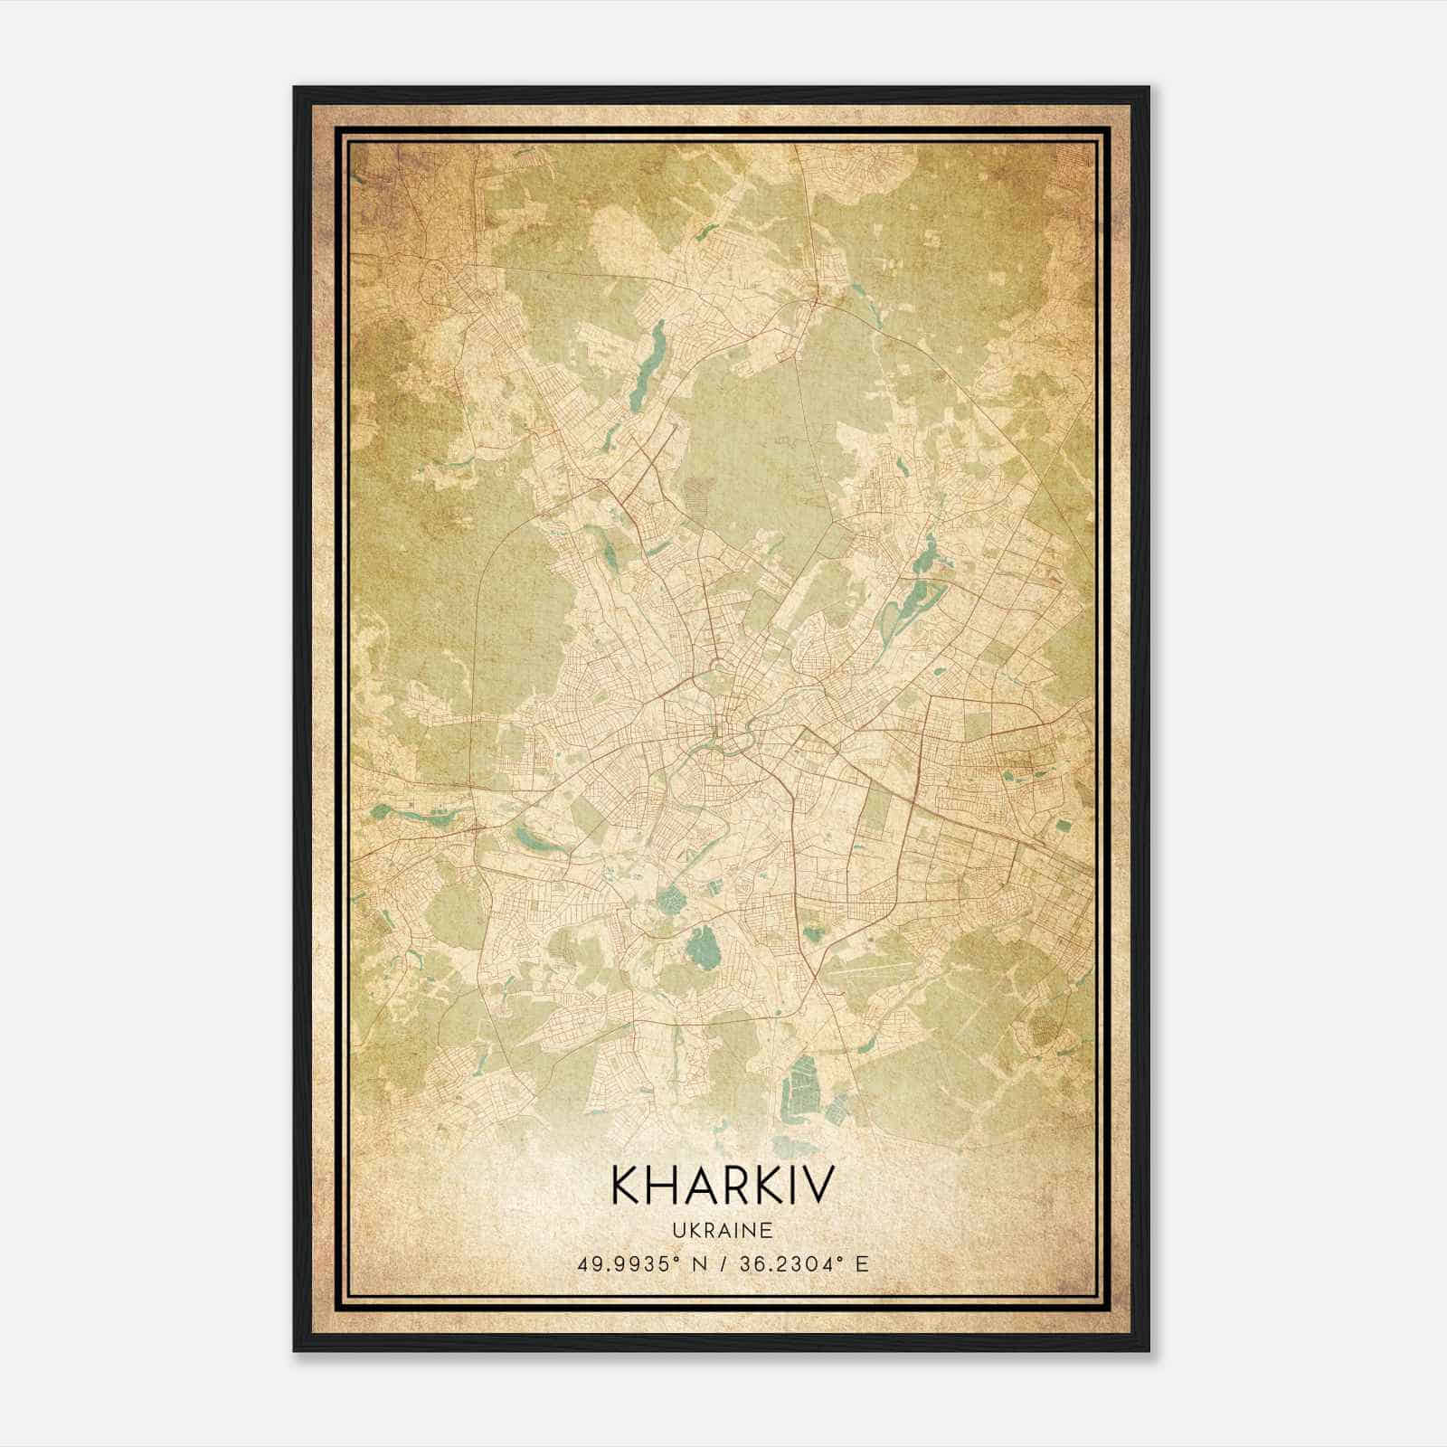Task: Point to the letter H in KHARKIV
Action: (x=664, y=1185)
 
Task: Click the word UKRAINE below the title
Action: (x=721, y=1230)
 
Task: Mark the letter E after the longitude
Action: (x=861, y=1263)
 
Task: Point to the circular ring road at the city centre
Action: (x=719, y=668)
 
